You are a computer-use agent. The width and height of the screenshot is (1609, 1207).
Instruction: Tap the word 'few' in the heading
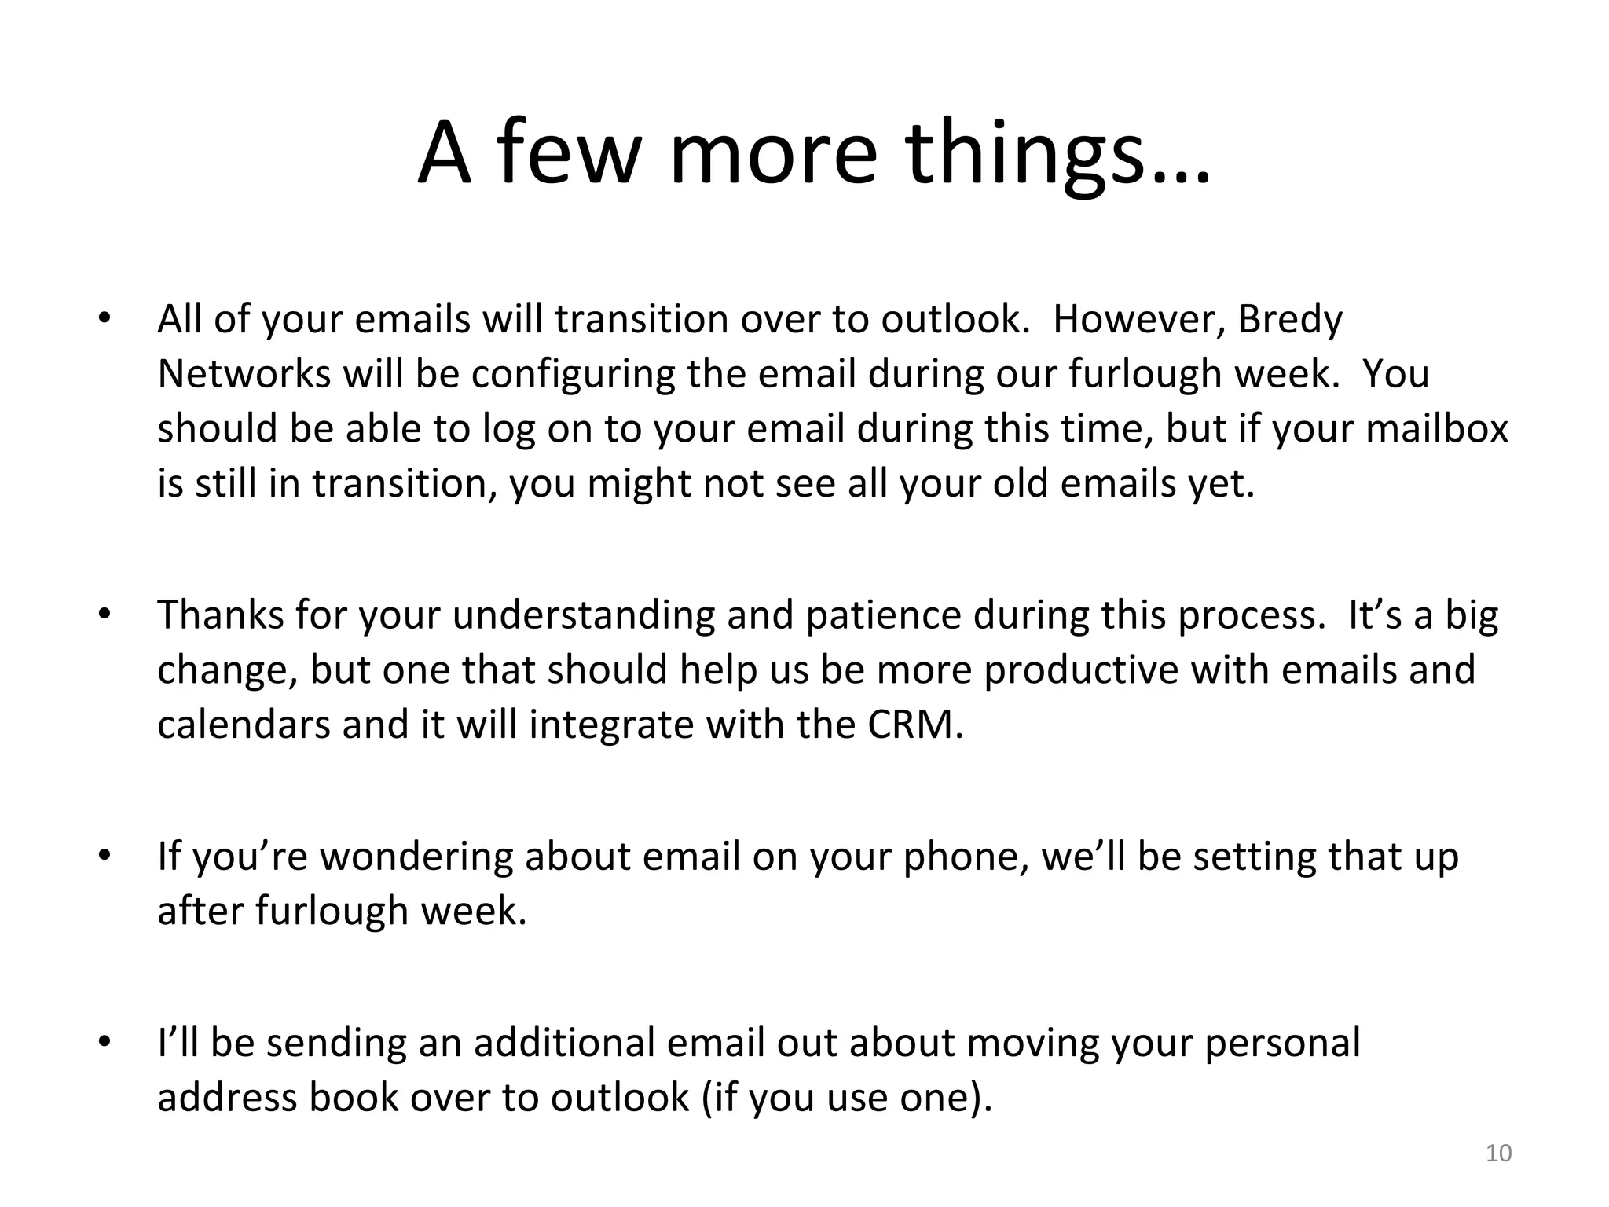565,153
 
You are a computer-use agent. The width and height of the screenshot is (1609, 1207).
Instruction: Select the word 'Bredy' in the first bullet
1290,320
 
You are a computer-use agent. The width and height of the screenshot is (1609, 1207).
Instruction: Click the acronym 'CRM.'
915,725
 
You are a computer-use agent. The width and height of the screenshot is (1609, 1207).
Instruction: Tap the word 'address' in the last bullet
227,1098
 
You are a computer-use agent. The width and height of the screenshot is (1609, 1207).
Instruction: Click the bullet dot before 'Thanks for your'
102,615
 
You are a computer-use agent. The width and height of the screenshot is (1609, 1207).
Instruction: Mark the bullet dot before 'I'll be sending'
102,1044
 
